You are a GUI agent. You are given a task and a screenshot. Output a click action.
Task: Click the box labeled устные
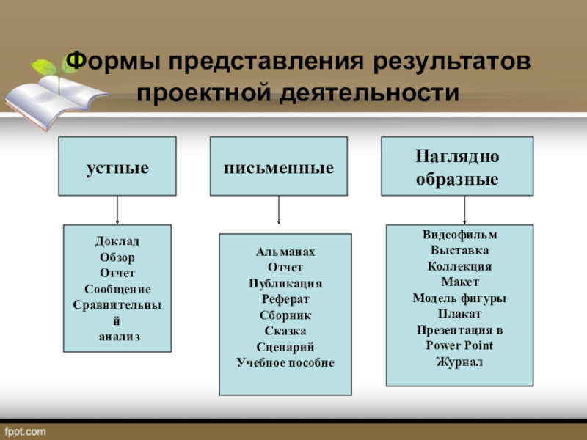coord(117,166)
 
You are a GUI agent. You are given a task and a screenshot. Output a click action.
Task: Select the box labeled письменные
coord(279,166)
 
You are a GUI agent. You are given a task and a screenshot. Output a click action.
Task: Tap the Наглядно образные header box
coord(457,166)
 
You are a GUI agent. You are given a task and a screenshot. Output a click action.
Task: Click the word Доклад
coord(117,241)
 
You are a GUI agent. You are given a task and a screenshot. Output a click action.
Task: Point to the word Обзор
coord(117,257)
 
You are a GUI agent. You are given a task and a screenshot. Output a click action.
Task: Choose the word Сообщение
coord(117,289)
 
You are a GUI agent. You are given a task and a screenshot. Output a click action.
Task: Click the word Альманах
coord(285,252)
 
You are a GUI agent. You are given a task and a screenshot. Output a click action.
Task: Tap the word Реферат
coord(285,299)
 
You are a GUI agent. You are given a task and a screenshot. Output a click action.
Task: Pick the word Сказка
coord(285,331)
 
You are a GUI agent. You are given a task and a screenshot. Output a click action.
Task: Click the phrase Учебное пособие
coord(285,362)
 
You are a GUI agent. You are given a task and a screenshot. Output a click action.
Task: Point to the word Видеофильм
coord(460,235)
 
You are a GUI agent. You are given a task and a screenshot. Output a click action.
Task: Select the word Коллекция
coord(460,266)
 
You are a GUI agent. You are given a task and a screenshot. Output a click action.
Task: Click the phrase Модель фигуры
coord(460,298)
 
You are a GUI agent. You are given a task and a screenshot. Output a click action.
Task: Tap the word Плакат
coord(460,314)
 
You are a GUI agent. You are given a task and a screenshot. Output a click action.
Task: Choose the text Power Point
coord(460,345)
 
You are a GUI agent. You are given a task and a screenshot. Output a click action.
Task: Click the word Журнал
coord(460,362)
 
